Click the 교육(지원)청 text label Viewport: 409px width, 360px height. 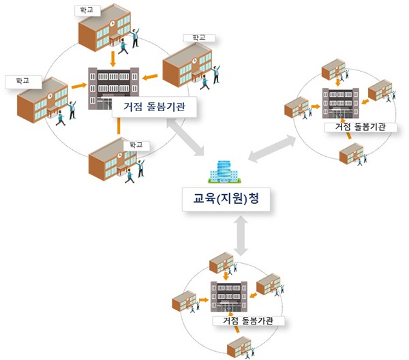[x=225, y=200]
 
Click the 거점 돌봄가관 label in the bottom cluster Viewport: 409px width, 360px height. [x=248, y=320]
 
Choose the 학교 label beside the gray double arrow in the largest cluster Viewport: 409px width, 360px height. [x=133, y=145]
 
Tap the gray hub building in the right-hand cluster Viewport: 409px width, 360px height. [x=339, y=103]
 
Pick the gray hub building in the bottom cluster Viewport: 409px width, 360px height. [x=230, y=296]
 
